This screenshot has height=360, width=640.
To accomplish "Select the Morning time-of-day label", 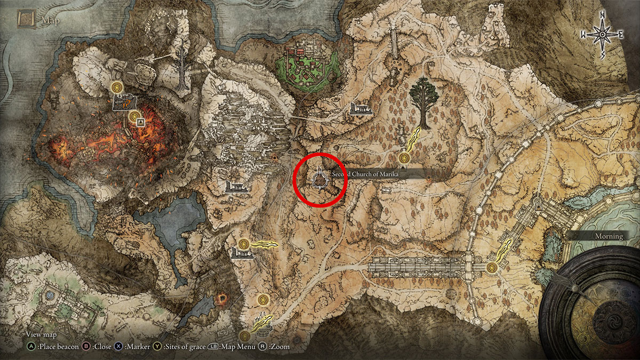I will tap(609, 236).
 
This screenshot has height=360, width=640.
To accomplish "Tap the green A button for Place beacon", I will tap(32, 346).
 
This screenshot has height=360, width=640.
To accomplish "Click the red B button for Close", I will tap(85, 346).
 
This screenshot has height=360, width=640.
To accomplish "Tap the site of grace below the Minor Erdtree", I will tap(405, 158).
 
